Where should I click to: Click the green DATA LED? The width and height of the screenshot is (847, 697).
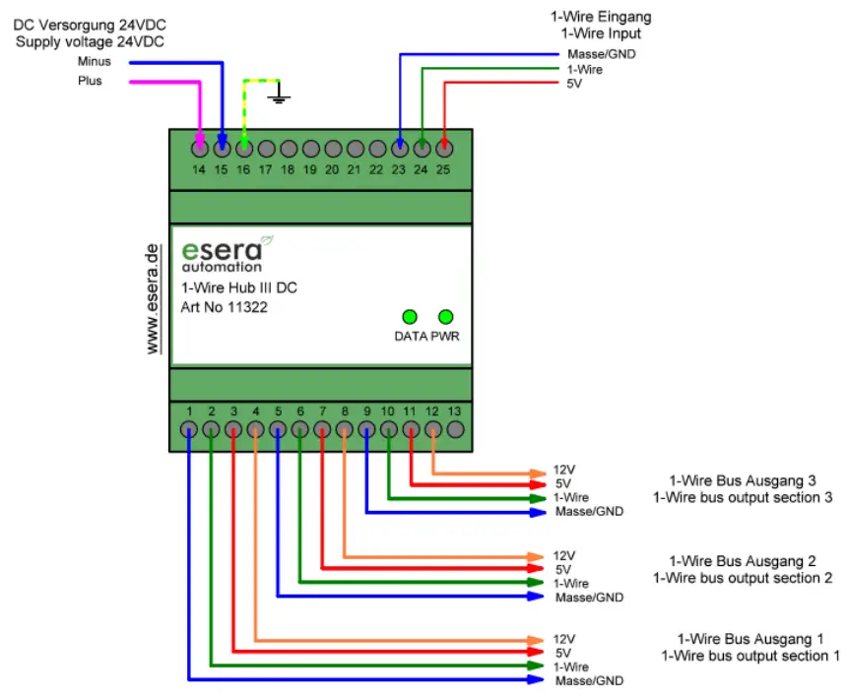click(409, 316)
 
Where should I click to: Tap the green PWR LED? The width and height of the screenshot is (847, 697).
click(445, 316)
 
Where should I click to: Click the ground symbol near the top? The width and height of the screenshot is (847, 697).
click(280, 96)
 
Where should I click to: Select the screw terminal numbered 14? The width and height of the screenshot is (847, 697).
click(200, 149)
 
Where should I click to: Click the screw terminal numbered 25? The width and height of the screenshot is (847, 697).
click(444, 149)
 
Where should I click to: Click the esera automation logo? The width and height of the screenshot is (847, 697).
click(225, 252)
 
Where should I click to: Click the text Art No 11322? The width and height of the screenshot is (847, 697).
click(225, 307)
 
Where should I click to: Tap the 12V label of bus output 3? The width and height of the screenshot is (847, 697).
click(563, 470)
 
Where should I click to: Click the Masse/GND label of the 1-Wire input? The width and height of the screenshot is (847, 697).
click(602, 53)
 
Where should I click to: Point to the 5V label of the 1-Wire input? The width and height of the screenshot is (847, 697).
click(575, 85)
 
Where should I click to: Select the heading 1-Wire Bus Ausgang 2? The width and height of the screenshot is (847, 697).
click(743, 561)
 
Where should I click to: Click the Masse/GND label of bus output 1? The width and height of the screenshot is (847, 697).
click(589, 681)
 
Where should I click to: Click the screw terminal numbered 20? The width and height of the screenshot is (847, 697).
click(332, 149)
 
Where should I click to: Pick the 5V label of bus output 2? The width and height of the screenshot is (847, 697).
click(563, 569)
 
